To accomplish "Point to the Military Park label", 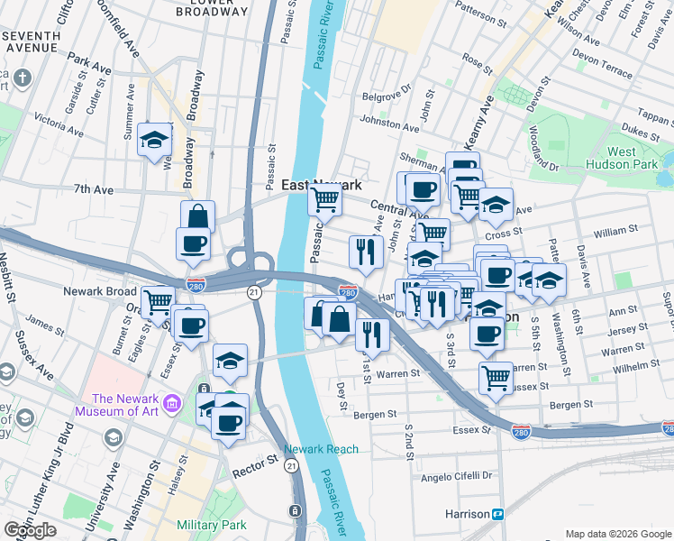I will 212,525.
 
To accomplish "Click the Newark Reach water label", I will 321,449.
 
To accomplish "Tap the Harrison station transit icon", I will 497,513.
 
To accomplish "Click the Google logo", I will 30,530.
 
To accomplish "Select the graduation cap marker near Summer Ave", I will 155,140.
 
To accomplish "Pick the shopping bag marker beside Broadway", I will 197,217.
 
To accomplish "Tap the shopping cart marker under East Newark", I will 323,199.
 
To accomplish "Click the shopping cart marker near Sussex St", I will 496,379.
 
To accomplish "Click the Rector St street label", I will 258,462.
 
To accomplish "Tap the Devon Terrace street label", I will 605,69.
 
